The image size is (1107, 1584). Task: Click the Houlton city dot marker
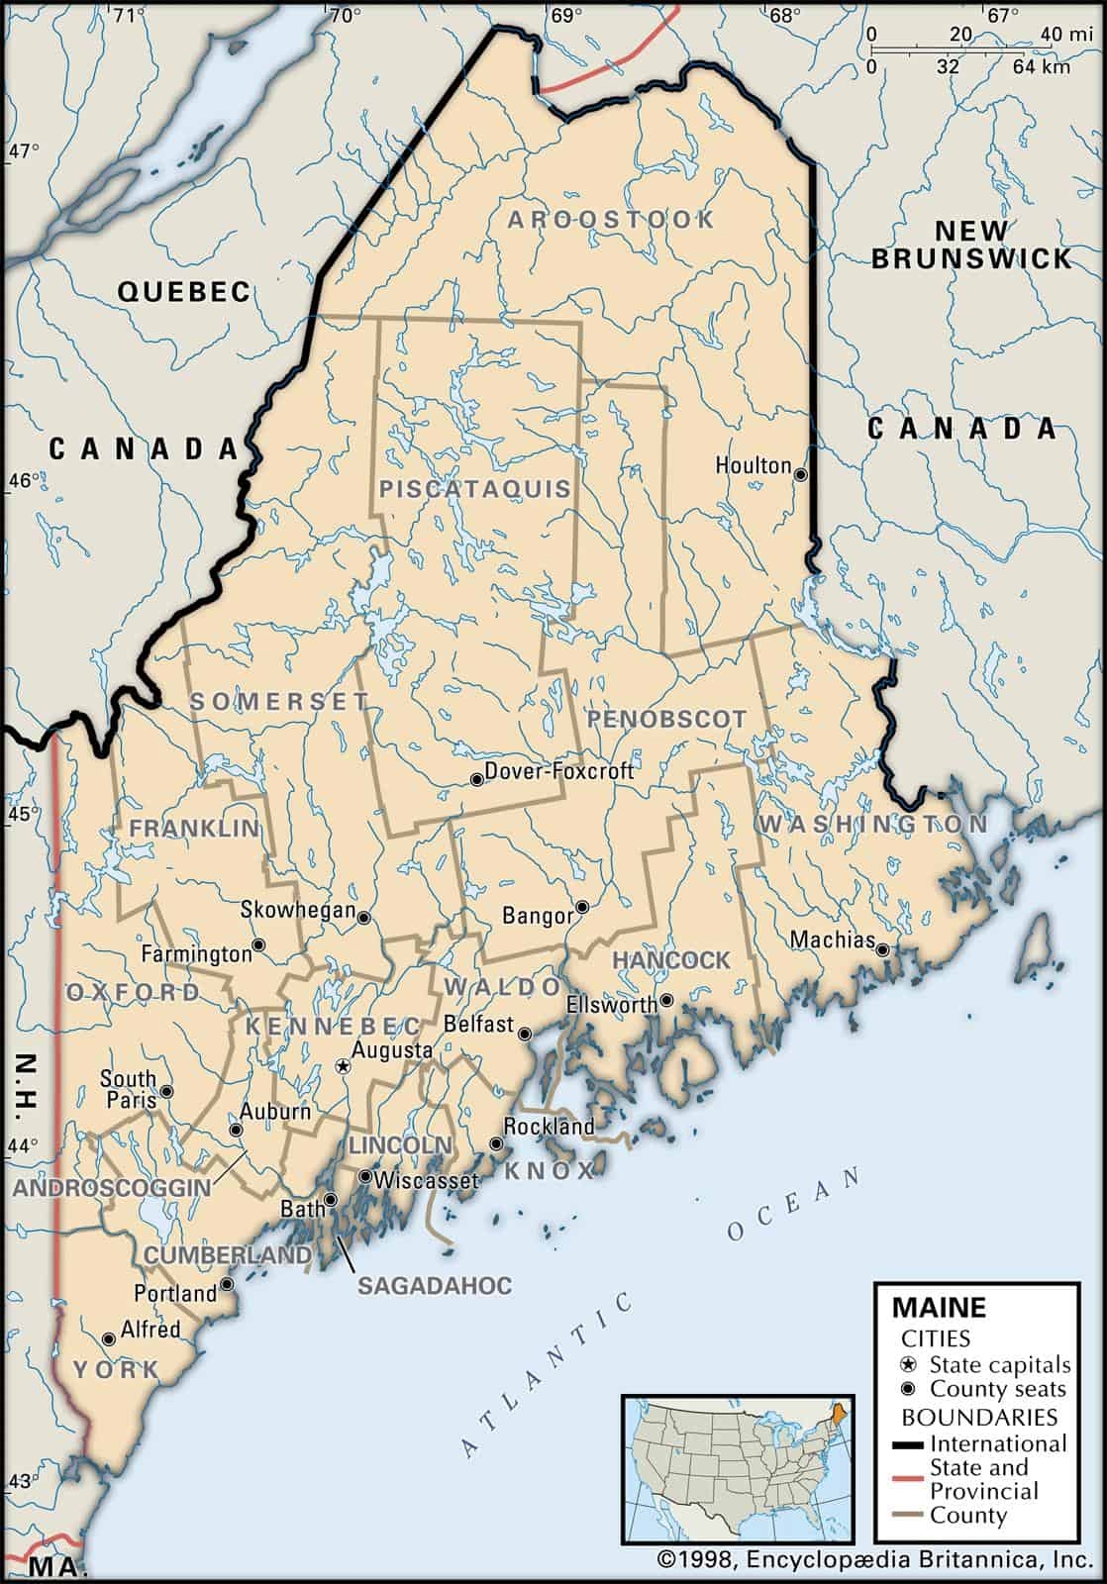point(801,475)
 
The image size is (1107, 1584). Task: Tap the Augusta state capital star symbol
point(343,1066)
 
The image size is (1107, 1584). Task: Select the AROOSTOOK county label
point(611,220)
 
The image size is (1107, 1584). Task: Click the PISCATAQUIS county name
point(475,488)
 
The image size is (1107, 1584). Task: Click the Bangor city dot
point(583,906)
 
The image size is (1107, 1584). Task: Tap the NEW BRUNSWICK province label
point(971,245)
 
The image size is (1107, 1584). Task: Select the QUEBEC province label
point(184,291)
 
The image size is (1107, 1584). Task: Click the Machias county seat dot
point(881,947)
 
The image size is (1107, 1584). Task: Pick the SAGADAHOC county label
point(435,1285)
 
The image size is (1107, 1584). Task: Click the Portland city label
point(175,1293)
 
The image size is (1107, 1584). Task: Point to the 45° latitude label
point(23,815)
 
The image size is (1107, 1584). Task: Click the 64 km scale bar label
point(1041,67)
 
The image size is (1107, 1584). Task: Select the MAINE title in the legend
point(939,1307)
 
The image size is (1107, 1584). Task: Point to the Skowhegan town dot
point(363,918)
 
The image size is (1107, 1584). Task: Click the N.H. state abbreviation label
point(27,1086)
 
